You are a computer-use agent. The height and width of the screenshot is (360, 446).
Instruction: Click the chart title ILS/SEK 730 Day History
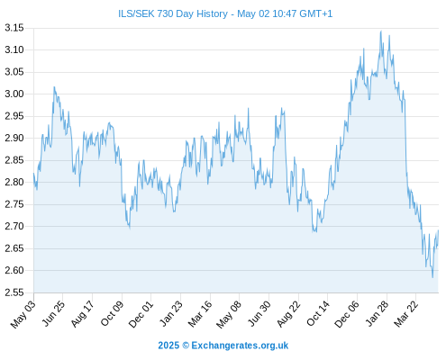pos(173,13)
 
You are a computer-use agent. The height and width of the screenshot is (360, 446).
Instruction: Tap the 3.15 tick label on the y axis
pos(14,28)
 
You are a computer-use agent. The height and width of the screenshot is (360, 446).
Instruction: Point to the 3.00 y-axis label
pos(14,94)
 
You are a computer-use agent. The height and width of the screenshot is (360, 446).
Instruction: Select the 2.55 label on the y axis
pos(14,292)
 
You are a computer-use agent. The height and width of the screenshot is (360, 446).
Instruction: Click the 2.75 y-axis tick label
pos(14,204)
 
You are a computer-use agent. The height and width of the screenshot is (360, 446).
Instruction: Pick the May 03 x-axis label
pos(23,314)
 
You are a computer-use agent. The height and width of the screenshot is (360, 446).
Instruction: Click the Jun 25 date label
pos(53,313)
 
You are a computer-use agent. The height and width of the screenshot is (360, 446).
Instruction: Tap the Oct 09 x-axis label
pos(112,313)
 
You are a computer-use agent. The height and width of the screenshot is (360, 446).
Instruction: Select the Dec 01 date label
pos(141,314)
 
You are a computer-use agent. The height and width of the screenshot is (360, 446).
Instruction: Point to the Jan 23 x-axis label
pos(170,313)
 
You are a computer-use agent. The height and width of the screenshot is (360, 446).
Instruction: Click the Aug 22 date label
pos(288,314)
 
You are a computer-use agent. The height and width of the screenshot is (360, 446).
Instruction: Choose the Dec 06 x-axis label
pos(347,314)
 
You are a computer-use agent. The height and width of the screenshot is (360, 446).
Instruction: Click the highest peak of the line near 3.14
pos(381,31)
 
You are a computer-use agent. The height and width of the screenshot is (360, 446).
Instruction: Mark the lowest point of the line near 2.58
pos(432,277)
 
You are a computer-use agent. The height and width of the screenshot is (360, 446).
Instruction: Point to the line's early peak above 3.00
pos(54,87)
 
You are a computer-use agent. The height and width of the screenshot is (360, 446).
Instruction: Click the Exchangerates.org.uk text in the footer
pos(240,346)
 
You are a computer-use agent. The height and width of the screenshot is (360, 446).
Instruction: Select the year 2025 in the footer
pos(168,346)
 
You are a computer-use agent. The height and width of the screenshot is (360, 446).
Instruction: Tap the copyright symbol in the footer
pos(186,346)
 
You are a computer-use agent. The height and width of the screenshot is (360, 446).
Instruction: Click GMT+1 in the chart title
pos(316,13)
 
